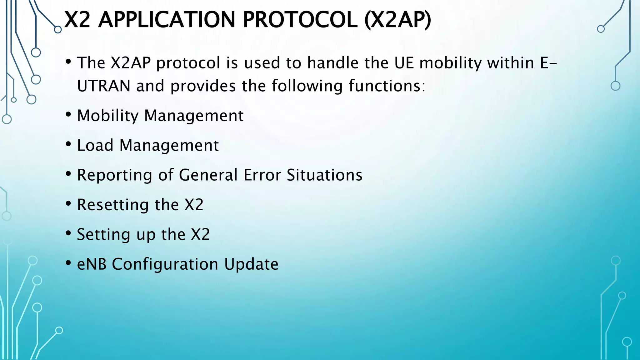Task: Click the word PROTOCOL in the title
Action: coord(300,20)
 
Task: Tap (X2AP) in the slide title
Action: coord(397,20)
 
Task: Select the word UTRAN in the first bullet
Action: coord(103,86)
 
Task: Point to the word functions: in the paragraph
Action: coord(387,86)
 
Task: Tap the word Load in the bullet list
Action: coord(95,145)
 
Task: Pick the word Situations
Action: coord(324,175)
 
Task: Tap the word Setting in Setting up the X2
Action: coord(103,234)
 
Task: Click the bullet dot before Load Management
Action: coord(68,144)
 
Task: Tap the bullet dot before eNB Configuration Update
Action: coord(68,263)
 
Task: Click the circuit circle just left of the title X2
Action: coord(58,30)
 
